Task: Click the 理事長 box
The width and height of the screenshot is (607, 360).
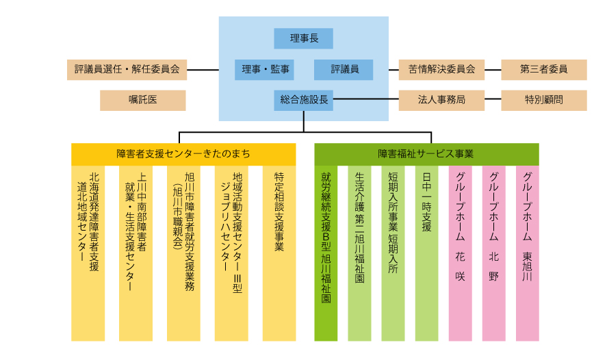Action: coord(304,38)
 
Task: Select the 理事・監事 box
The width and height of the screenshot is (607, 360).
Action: coord(265,69)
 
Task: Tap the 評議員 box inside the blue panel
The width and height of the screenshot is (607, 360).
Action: coord(344,69)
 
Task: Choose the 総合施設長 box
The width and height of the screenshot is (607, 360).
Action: coord(304,100)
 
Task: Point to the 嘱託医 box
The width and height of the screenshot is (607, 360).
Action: coord(143,100)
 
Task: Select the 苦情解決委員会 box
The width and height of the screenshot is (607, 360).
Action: coord(441,69)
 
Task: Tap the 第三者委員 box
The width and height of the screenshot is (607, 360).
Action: coord(544,69)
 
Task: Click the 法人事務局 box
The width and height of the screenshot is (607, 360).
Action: coord(441,100)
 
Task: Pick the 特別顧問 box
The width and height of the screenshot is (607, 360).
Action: coord(544,100)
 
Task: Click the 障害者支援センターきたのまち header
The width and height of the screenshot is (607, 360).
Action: coord(183,154)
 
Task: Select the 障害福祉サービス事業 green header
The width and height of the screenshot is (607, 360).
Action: coord(426,154)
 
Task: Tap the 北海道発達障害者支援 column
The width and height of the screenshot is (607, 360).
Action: coord(88,253)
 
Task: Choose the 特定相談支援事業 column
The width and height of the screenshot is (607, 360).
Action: coord(279,253)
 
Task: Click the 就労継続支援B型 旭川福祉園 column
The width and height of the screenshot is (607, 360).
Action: coord(326,253)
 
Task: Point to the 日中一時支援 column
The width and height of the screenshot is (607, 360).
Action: coord(426,253)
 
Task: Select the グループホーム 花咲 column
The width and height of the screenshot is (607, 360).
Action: coord(460,253)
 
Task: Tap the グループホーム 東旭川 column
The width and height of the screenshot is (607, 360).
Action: coord(528,253)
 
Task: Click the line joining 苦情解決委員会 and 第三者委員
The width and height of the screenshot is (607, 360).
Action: coord(493,69)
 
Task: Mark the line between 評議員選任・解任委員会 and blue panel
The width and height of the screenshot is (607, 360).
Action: coord(203,69)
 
